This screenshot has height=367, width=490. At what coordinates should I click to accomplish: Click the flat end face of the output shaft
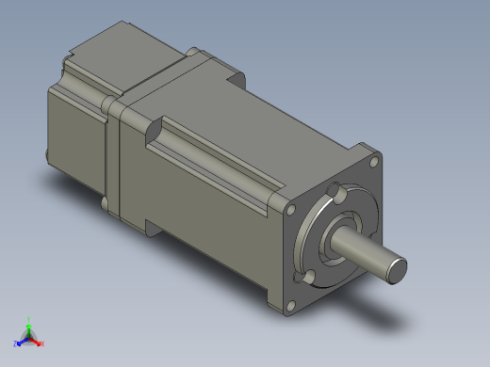(x=397, y=269)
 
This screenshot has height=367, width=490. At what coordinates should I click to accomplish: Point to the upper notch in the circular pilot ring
(x=335, y=194)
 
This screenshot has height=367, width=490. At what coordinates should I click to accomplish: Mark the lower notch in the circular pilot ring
(x=307, y=276)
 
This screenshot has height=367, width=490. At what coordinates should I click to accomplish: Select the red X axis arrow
(x=36, y=341)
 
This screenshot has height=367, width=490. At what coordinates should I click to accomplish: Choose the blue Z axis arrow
(x=22, y=341)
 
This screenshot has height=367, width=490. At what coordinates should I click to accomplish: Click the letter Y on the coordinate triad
(x=28, y=319)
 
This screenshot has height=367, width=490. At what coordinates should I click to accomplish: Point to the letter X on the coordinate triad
(x=42, y=343)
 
